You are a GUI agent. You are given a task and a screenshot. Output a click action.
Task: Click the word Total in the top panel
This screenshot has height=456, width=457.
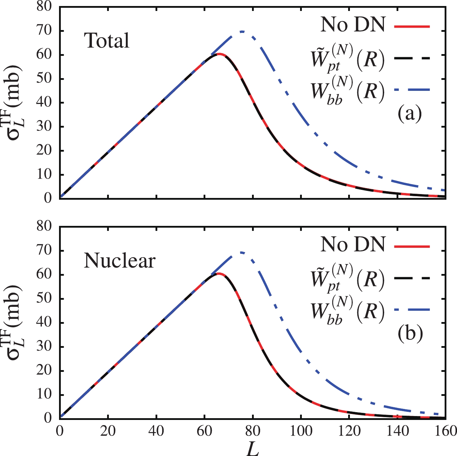click(107, 41)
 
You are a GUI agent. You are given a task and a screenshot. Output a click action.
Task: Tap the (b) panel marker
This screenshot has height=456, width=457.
click(410, 334)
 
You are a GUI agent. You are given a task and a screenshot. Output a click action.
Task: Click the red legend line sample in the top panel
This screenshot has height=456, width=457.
click(412, 26)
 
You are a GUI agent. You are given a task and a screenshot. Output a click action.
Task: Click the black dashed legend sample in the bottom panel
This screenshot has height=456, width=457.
click(412, 279)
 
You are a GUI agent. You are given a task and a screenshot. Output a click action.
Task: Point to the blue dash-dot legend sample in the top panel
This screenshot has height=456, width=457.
click(412, 90)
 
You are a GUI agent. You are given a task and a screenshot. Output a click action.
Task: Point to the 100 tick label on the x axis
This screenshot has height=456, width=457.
click(301, 432)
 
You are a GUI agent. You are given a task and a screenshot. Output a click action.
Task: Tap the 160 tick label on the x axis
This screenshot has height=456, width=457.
click(445, 432)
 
